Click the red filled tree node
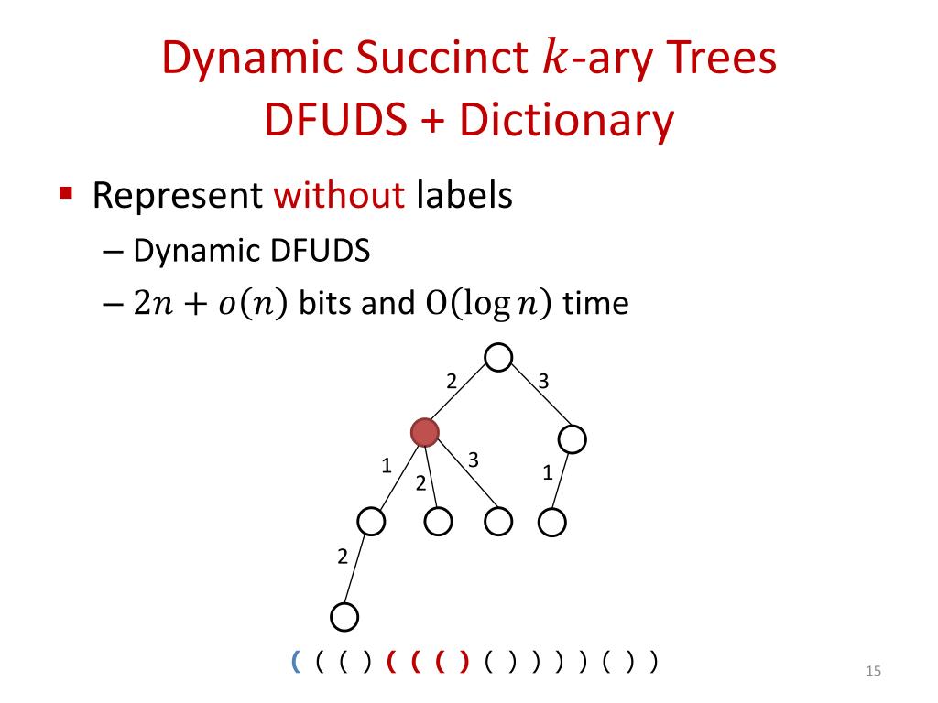[424, 431]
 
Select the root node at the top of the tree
[498, 358]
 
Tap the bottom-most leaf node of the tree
[344, 616]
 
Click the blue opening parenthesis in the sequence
[296, 660]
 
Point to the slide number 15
[872, 674]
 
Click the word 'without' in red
[340, 196]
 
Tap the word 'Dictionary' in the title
[567, 122]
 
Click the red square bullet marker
[65, 194]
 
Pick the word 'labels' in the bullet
[464, 196]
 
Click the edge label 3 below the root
[543, 382]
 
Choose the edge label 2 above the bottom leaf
[343, 556]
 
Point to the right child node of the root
[573, 439]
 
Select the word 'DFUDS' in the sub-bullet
[321, 251]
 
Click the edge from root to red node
[461, 395]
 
